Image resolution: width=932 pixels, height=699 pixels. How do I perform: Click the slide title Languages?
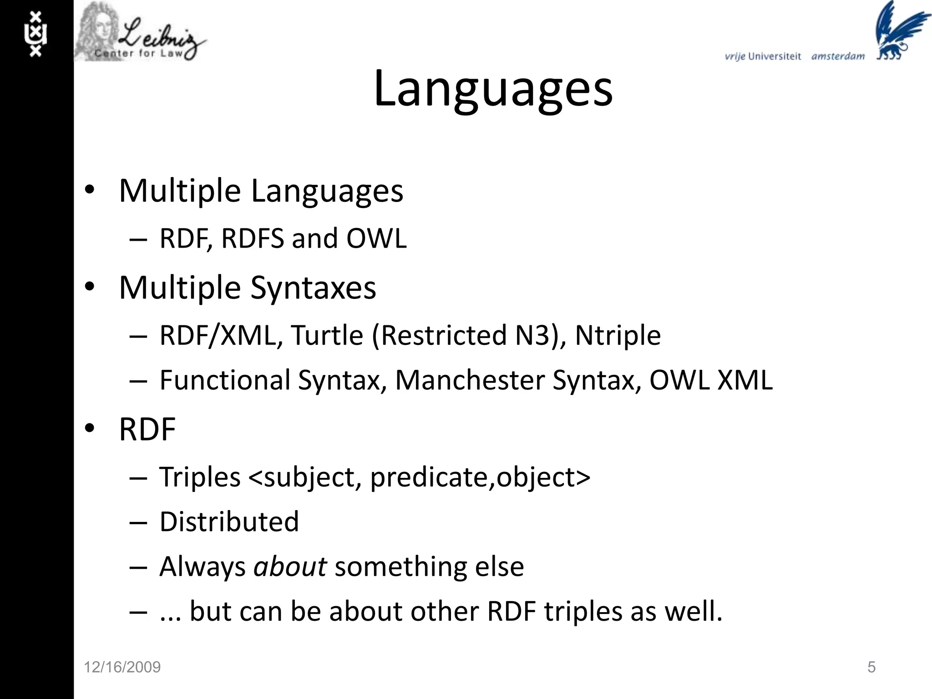click(x=493, y=89)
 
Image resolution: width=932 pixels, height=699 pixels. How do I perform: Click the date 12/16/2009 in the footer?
click(x=122, y=667)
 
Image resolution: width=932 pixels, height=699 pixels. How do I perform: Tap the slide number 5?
click(x=871, y=667)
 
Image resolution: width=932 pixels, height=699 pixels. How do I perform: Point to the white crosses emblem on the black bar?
click(x=35, y=35)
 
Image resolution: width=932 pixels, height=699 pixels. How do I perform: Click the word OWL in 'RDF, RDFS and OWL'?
click(x=376, y=238)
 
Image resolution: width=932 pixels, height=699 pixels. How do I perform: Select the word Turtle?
click(x=327, y=335)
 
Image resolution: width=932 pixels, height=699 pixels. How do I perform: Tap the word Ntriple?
click(x=618, y=335)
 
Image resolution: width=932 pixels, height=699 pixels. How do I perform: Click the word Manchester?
click(x=470, y=380)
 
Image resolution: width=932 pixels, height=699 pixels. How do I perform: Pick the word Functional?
click(x=225, y=380)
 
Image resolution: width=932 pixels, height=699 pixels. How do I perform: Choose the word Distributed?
click(x=229, y=522)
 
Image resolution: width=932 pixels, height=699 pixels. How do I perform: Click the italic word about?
click(x=290, y=567)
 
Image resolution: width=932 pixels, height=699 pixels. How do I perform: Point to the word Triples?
click(x=200, y=477)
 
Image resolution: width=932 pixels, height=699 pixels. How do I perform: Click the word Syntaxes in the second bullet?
click(x=313, y=288)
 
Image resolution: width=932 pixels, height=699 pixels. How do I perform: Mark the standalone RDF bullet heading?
click(x=147, y=429)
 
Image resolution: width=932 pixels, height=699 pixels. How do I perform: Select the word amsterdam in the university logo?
click(x=838, y=56)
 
